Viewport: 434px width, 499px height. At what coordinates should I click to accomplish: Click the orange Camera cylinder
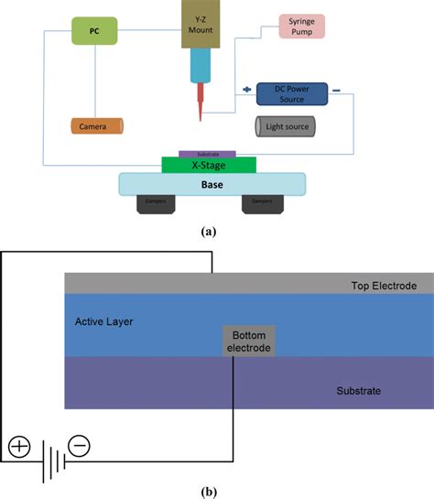pyautogui.click(x=96, y=125)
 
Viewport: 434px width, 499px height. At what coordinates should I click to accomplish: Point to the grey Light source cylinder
pyautogui.click(x=286, y=125)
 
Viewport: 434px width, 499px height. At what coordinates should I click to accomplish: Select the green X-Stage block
pyautogui.click(x=209, y=165)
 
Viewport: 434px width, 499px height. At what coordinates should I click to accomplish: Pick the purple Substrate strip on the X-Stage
pyautogui.click(x=208, y=154)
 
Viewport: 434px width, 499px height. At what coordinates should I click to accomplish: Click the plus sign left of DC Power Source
pyautogui.click(x=245, y=90)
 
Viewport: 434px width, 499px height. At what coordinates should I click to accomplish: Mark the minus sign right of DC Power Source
pyautogui.click(x=337, y=91)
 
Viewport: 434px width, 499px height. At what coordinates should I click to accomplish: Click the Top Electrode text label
pyautogui.click(x=384, y=286)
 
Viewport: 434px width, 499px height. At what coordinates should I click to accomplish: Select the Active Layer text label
pyautogui.click(x=105, y=322)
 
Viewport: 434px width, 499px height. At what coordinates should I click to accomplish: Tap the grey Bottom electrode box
pyautogui.click(x=247, y=341)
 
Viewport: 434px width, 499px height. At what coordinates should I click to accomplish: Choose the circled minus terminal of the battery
pyautogui.click(x=81, y=447)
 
